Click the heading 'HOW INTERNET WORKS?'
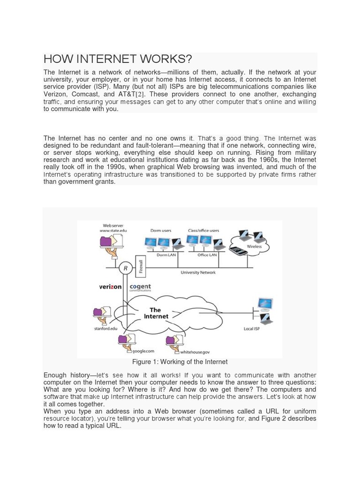point(118,59)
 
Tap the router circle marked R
point(125,268)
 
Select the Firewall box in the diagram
point(140,266)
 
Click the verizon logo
point(110,286)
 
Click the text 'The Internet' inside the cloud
point(155,313)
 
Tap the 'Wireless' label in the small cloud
point(255,247)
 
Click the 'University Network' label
point(198,272)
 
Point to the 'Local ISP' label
point(252,329)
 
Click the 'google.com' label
point(143,351)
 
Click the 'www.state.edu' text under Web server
point(113,231)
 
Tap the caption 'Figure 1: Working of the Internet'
point(180,362)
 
